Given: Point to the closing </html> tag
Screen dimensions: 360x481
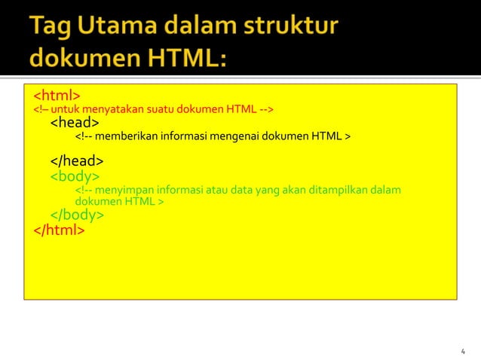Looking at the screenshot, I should click(59, 230).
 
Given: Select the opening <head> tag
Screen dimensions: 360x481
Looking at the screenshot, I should click(74, 122).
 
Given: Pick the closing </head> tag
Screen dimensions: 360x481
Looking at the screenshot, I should click(77, 161).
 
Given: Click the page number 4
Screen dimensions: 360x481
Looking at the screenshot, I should click(462, 351).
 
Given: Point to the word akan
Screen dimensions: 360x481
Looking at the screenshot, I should click(296, 190).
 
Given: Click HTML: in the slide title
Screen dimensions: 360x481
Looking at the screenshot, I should click(182, 59).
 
